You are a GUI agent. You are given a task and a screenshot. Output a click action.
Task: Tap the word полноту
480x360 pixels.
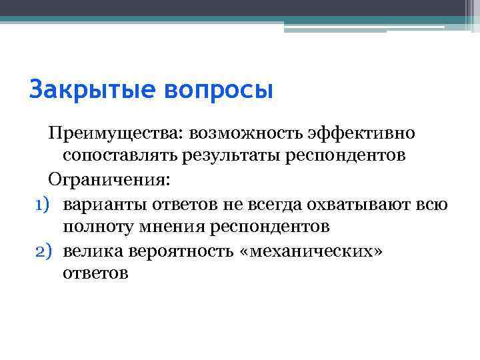(100, 227)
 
